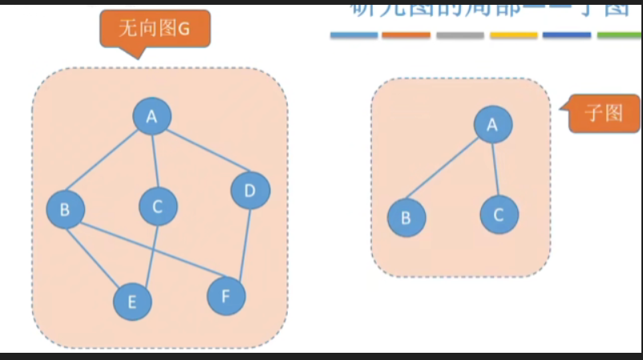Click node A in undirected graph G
pyautogui.click(x=152, y=118)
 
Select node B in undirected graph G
pyautogui.click(x=66, y=210)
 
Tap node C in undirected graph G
pyautogui.click(x=158, y=207)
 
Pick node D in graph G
pyautogui.click(x=250, y=191)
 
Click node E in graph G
pyautogui.click(x=132, y=301)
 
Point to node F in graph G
pyautogui.click(x=226, y=297)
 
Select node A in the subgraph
pyautogui.click(x=492, y=124)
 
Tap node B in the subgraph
pyautogui.click(x=406, y=217)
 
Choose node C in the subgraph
pyautogui.click(x=499, y=215)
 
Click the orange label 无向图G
pyautogui.click(x=153, y=30)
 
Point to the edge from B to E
pyautogui.click(x=99, y=256)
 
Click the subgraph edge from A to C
pyautogui.click(x=495, y=169)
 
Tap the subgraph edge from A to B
pyautogui.click(x=449, y=171)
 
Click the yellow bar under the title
pyautogui.click(x=513, y=35)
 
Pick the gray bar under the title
pyautogui.click(x=460, y=35)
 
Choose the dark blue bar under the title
pyautogui.click(x=567, y=35)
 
